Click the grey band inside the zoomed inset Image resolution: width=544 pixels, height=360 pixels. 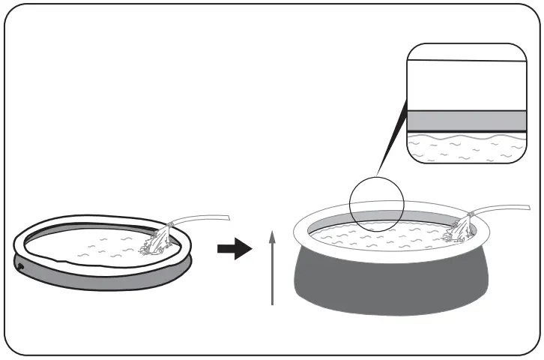point(465,121)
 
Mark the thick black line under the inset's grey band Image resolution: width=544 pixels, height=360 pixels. point(465,132)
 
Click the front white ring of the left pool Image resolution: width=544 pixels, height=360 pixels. point(97,264)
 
